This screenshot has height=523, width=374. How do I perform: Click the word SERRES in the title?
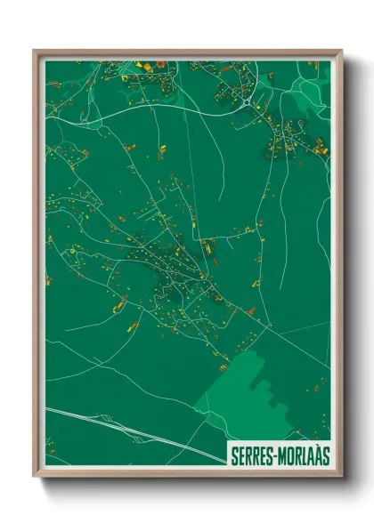[252, 455]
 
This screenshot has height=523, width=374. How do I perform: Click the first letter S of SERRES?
[234, 455]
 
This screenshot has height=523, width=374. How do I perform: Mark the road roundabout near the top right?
[246, 102]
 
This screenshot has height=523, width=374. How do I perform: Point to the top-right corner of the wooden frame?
[340, 52]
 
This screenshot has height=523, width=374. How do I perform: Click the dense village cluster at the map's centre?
[169, 267]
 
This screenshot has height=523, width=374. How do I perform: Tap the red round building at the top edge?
[160, 63]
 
